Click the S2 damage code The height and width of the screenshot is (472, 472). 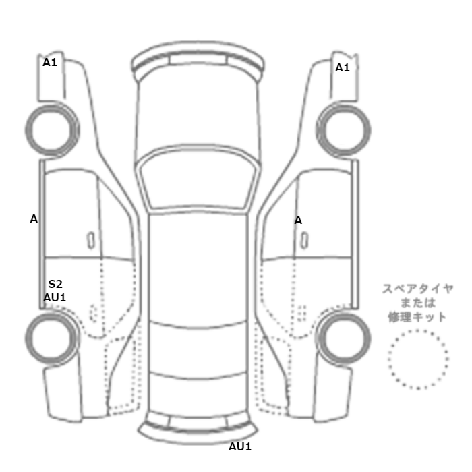(x=55, y=285)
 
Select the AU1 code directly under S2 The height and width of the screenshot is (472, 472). (x=55, y=297)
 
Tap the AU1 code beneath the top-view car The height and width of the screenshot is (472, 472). (x=240, y=446)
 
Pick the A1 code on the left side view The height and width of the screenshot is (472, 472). (x=51, y=62)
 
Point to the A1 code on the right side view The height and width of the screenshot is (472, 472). (x=343, y=67)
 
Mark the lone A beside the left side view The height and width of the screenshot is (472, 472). (x=34, y=218)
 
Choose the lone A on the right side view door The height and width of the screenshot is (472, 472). (x=298, y=220)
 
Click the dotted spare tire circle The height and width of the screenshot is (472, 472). (x=418, y=359)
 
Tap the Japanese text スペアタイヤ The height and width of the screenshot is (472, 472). (x=418, y=289)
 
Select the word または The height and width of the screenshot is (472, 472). (x=418, y=303)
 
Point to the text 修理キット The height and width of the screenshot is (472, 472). (x=418, y=317)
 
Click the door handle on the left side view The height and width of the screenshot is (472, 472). (x=90, y=239)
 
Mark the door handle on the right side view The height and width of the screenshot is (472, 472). (x=306, y=239)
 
